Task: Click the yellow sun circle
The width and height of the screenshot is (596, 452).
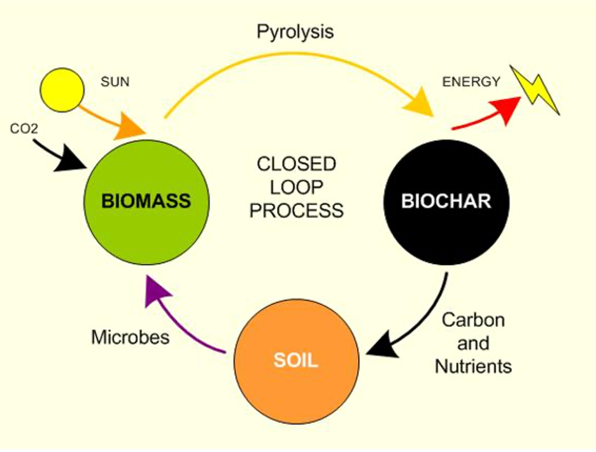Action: [x=62, y=90]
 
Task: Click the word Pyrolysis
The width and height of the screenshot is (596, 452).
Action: [x=295, y=32]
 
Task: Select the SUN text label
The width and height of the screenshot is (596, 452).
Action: [x=115, y=83]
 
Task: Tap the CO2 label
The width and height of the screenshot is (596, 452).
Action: [x=24, y=129]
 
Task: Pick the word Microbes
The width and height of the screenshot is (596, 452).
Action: [x=131, y=337]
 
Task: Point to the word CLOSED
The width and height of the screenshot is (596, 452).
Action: [x=296, y=164]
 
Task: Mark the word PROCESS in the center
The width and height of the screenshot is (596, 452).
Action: [x=296, y=211]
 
